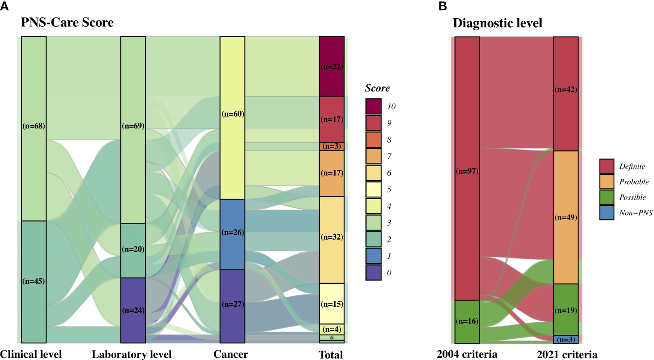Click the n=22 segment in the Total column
(x=332, y=66)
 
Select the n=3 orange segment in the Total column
(x=332, y=146)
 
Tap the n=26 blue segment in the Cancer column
(x=232, y=234)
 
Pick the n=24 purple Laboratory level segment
(x=133, y=310)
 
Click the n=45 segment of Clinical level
(x=34, y=281)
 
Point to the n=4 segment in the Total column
(x=332, y=329)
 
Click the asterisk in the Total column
(x=332, y=338)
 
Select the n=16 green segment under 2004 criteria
(x=467, y=321)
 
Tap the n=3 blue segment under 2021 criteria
(x=566, y=340)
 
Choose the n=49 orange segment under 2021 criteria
(x=566, y=217)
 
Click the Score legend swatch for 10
(x=373, y=106)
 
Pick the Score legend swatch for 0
(x=373, y=272)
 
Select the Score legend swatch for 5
(x=373, y=189)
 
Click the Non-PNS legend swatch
(x=607, y=213)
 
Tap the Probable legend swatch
(x=607, y=182)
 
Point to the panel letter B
(x=443, y=6)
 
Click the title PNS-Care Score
(x=67, y=23)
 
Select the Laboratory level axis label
(x=132, y=354)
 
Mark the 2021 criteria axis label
(x=567, y=354)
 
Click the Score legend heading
(x=377, y=88)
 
